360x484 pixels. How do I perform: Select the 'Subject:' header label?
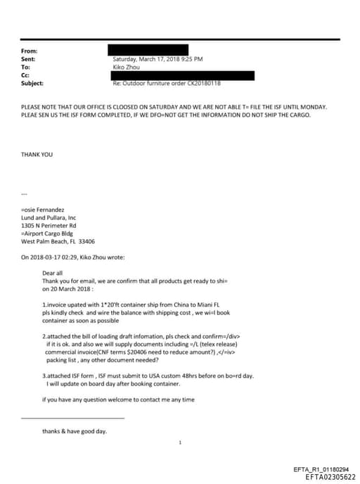pos(33,83)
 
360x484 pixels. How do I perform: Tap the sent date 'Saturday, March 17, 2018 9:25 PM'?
pos(158,59)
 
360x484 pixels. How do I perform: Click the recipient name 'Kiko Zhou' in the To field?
pos(127,67)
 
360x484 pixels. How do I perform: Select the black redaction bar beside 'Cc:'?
pos(183,75)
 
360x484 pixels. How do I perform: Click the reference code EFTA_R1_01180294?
pos(320,469)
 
